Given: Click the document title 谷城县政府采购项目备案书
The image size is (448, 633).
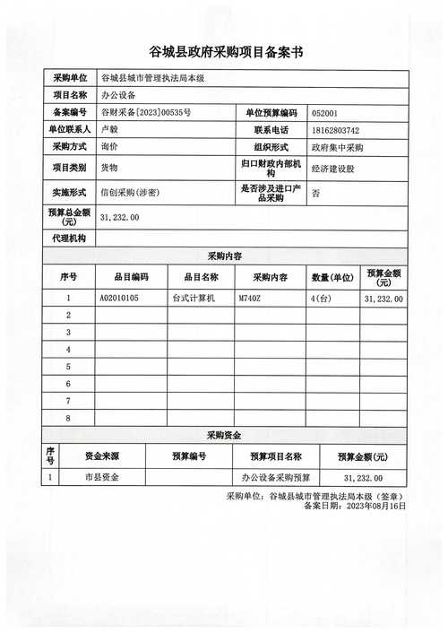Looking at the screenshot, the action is (x=225, y=52).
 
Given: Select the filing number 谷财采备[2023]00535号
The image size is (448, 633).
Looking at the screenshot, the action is (x=145, y=112).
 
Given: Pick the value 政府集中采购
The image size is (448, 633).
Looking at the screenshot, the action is (x=337, y=147).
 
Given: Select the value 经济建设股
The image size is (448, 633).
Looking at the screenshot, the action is (x=332, y=168).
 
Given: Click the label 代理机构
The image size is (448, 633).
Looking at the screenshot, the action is (x=69, y=238).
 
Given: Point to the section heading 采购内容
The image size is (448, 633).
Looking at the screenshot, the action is (x=225, y=256).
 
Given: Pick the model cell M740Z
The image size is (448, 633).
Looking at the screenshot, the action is (x=250, y=298).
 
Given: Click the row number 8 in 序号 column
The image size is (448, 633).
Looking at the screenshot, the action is (x=69, y=418).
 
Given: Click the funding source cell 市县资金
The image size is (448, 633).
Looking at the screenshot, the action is (x=101, y=478).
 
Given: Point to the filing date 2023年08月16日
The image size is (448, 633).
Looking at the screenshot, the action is (x=370, y=506).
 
